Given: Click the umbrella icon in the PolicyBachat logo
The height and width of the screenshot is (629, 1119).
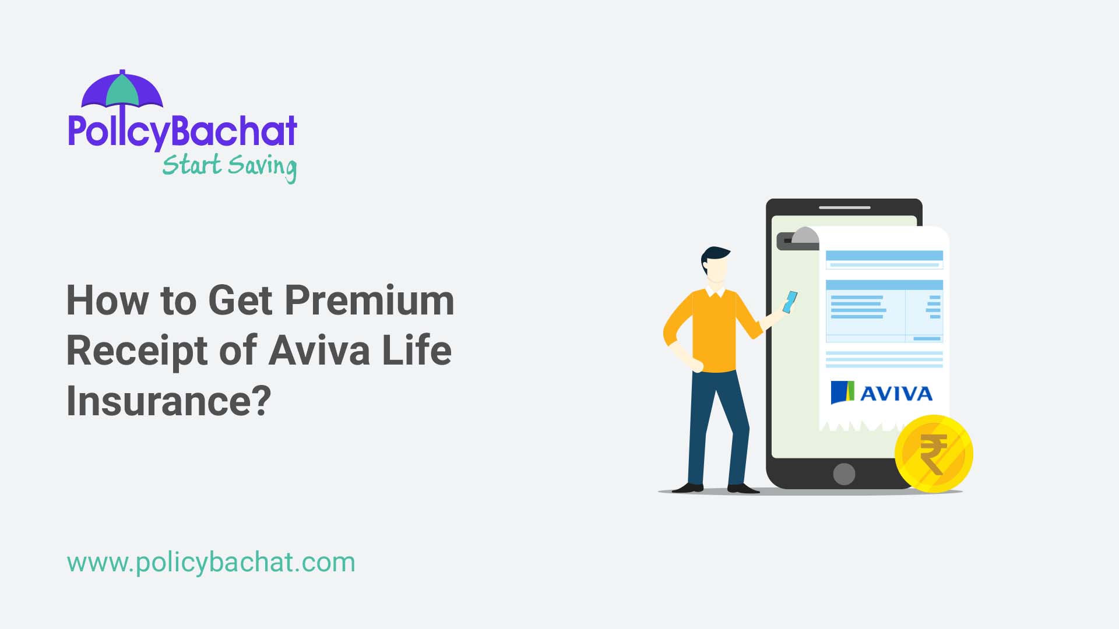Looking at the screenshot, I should [x=122, y=90].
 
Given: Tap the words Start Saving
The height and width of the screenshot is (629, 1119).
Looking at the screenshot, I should [x=229, y=166].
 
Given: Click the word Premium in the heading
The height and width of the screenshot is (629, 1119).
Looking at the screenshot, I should [x=369, y=301].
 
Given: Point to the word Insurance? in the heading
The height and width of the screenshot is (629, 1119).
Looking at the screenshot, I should [x=169, y=401].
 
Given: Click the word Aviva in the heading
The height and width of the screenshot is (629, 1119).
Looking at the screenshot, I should [x=319, y=351].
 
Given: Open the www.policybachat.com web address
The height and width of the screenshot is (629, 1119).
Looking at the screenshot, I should [x=211, y=563].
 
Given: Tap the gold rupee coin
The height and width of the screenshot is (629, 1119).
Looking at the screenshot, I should [x=934, y=453].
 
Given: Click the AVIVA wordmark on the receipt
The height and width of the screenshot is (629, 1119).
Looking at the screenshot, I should [x=896, y=394].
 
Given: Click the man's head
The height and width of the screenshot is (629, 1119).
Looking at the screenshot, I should [x=715, y=265].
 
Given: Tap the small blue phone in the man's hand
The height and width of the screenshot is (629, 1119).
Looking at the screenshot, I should [x=790, y=302].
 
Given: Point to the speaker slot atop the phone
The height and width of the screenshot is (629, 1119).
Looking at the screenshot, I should [x=844, y=207].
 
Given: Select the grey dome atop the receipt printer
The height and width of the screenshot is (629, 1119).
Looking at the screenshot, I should [x=805, y=235].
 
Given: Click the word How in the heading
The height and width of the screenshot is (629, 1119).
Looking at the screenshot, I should [x=107, y=301].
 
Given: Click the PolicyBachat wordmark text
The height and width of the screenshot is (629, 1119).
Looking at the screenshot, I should [x=182, y=131].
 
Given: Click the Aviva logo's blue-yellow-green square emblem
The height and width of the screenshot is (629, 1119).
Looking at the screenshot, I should [x=842, y=393].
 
